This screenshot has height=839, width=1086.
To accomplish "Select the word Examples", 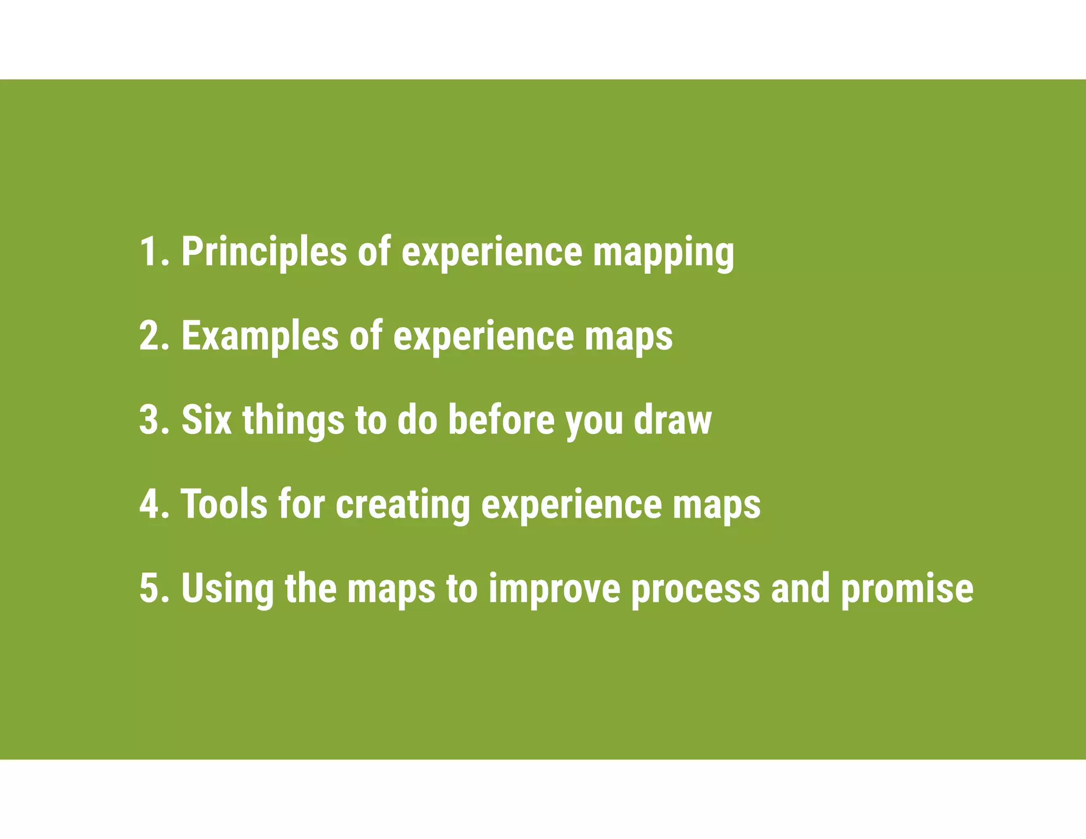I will pos(260,336).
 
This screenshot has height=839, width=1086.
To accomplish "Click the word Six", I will pos(207,419).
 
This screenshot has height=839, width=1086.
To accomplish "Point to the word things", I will pos(293,421).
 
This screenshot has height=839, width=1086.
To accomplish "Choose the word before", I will pos(501,419).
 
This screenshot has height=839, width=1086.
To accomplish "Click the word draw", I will pos(673,419).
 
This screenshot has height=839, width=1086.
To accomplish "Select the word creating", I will pos(403,504).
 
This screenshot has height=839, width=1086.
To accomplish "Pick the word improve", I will pos(554,589).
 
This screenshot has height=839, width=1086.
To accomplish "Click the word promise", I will pos(907,589).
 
